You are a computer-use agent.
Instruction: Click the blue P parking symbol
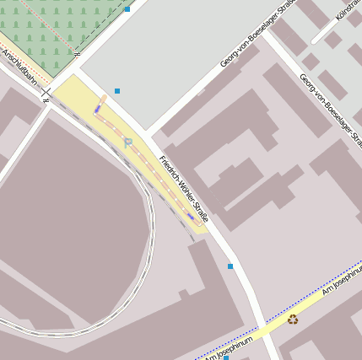128,143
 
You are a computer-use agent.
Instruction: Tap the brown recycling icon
293,319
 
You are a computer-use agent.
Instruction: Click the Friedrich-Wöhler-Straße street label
184,190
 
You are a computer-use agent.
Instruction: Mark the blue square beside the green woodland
127,8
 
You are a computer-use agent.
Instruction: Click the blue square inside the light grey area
117,91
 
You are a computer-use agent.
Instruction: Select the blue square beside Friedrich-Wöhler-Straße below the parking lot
230,266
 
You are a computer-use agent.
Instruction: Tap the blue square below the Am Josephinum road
226,357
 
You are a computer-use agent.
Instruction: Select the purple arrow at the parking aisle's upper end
98,108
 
